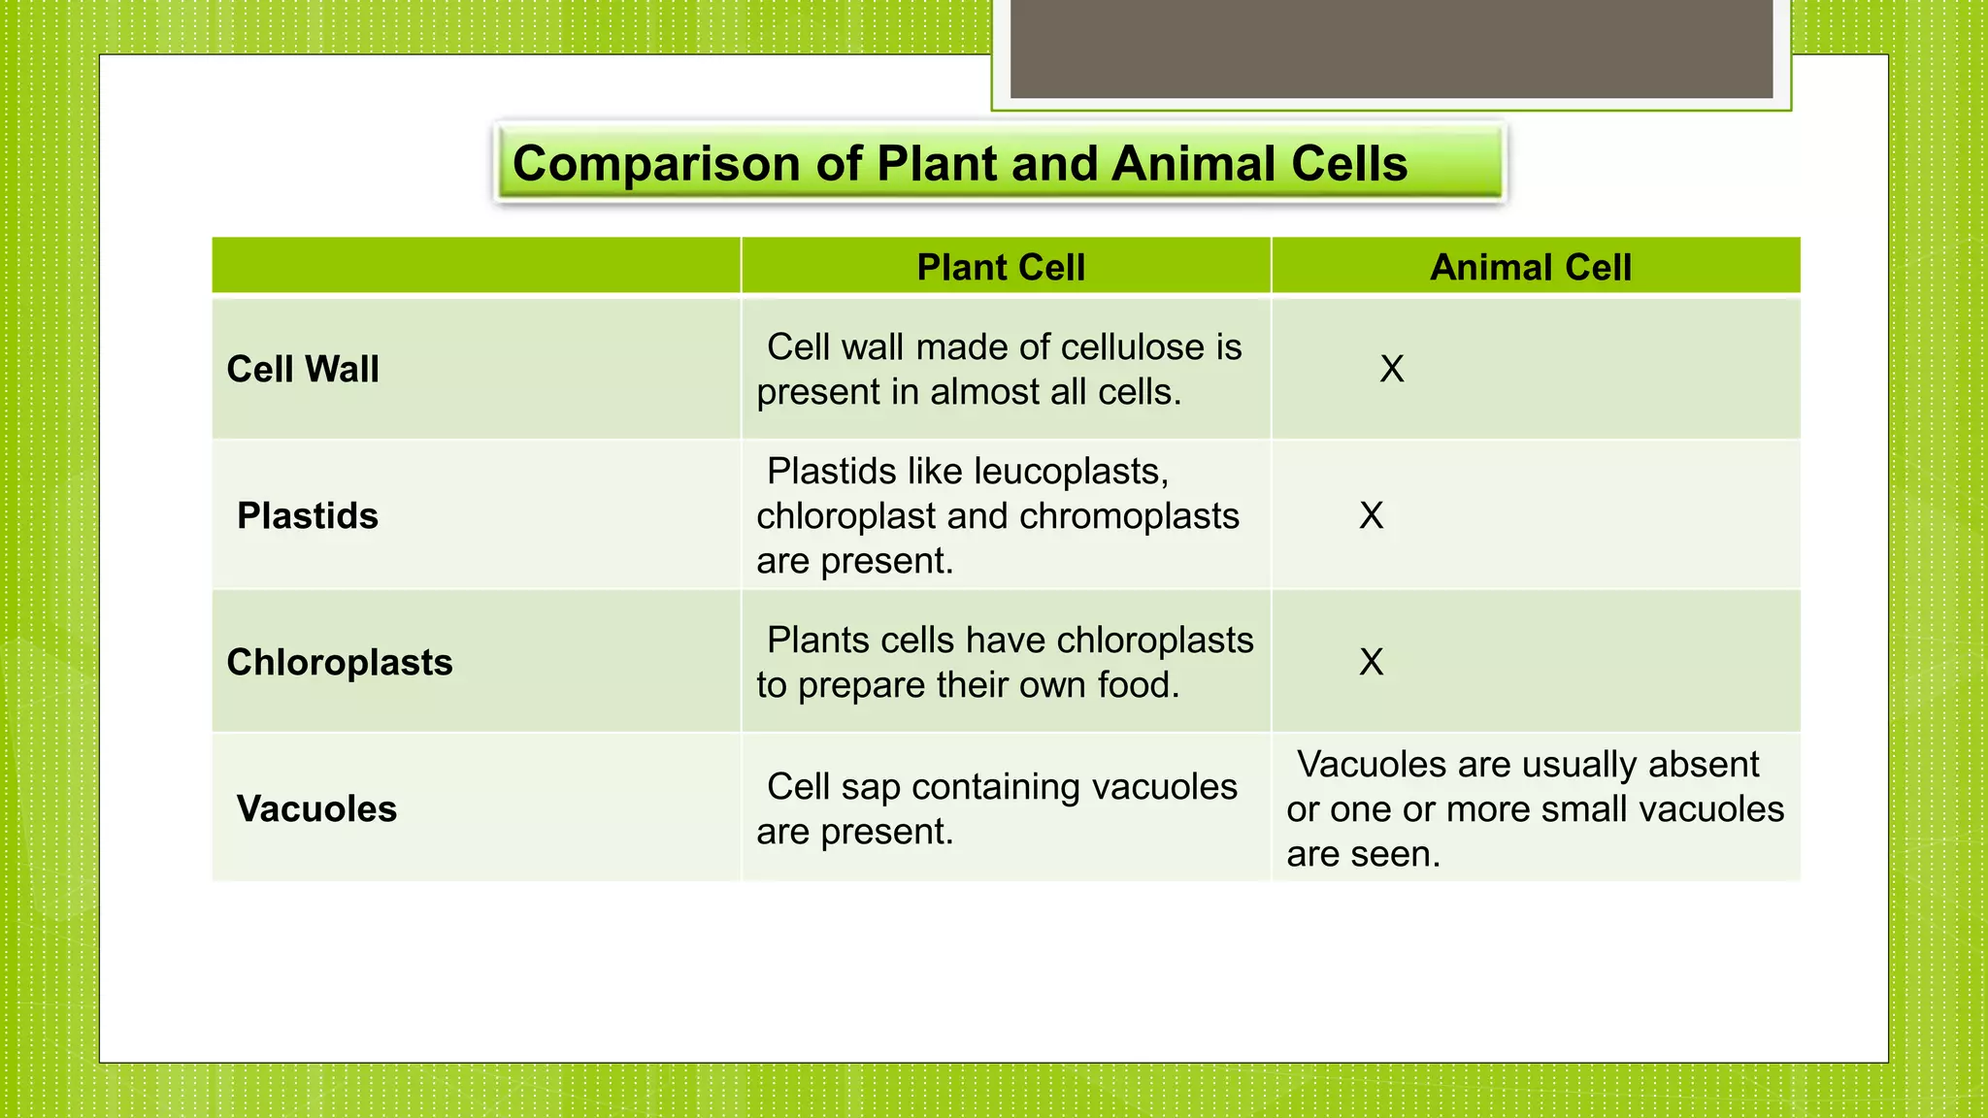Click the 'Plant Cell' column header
coord(1001,267)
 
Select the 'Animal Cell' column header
coord(1531,267)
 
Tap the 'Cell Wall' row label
coord(303,369)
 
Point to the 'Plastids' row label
coord(308,515)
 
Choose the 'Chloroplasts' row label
coord(340,662)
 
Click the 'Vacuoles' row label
coord(316,808)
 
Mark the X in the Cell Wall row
coord(1392,369)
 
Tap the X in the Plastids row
coord(1372,515)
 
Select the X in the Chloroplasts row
coord(1372,662)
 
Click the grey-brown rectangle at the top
coord(1391,49)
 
